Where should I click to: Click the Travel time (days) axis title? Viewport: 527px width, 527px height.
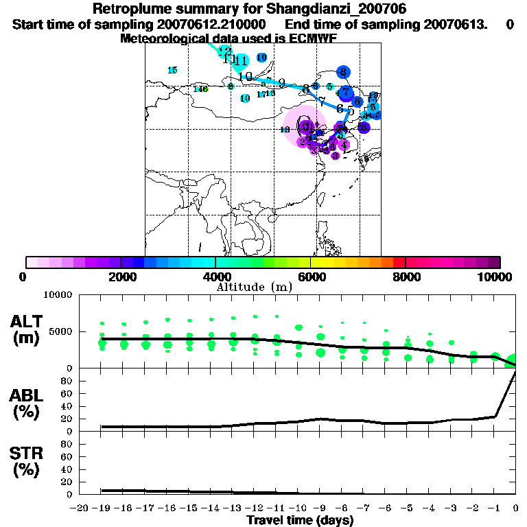point(300,521)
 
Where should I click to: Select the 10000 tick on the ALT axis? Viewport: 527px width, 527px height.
point(57,295)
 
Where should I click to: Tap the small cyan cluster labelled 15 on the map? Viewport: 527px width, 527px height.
point(172,70)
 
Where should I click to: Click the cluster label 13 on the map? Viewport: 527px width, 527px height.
point(285,129)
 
